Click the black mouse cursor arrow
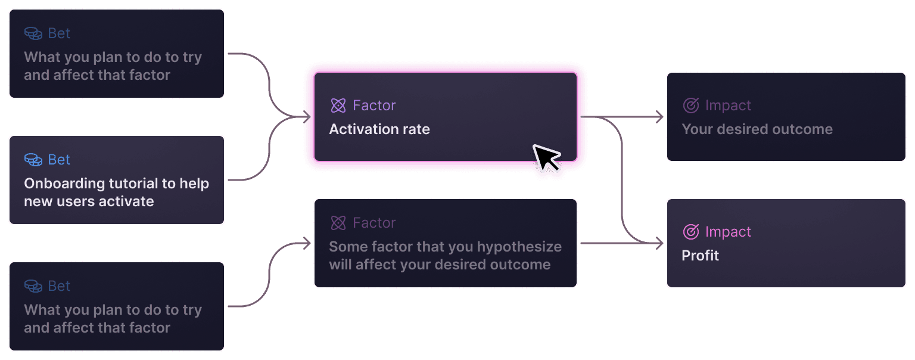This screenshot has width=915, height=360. click(x=544, y=157)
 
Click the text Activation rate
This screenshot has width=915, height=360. click(x=379, y=129)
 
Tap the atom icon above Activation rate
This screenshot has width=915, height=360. click(x=338, y=105)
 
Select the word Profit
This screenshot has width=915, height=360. click(x=700, y=256)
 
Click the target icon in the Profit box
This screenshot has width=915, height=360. click(x=690, y=232)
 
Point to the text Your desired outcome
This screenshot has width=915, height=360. click(x=757, y=129)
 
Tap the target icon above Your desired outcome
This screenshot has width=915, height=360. click(x=690, y=105)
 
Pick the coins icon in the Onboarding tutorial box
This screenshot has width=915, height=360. click(x=33, y=160)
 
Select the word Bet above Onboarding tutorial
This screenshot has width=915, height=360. click(x=59, y=160)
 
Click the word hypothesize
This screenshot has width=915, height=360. click(x=519, y=247)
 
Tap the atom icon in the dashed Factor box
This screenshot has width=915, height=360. click(x=338, y=223)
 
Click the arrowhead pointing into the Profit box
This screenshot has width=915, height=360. click(x=660, y=243)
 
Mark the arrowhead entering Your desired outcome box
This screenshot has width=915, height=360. click(x=660, y=117)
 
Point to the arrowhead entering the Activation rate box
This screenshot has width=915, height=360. click(x=307, y=117)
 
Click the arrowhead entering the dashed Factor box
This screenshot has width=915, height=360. click(x=307, y=243)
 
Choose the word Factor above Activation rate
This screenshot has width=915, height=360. click(x=374, y=105)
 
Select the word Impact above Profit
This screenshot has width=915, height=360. click(x=728, y=232)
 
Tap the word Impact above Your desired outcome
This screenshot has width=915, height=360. click(x=728, y=105)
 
